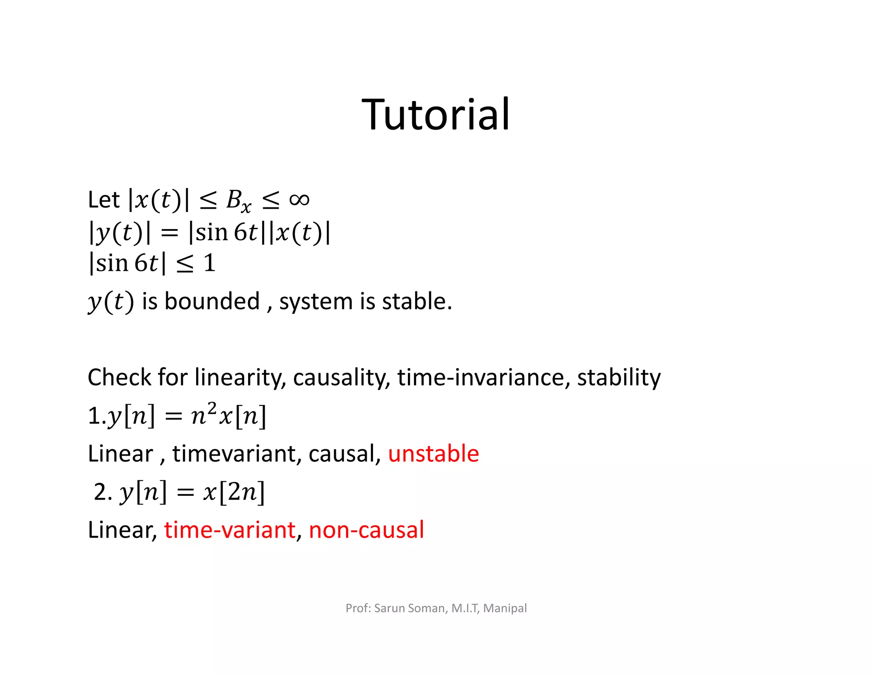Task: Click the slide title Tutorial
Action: point(436,114)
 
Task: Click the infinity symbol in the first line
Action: point(299,199)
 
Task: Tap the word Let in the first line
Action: point(104,200)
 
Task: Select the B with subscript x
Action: point(238,201)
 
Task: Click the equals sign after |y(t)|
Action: point(169,233)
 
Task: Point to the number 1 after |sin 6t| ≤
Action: point(209,263)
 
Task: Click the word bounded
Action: point(212,301)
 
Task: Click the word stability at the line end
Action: point(619,378)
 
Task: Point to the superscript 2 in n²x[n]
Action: point(212,408)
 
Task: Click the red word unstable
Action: point(433,454)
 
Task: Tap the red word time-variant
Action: point(230,530)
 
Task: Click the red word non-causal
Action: point(366,530)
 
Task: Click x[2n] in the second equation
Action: point(234,492)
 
